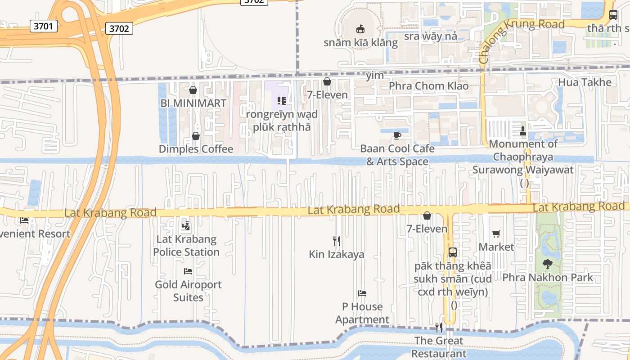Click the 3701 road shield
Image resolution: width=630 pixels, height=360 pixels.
[x=44, y=26]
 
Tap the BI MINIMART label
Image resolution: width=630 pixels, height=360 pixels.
[x=193, y=103]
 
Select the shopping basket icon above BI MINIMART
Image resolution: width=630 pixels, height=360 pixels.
[x=193, y=90]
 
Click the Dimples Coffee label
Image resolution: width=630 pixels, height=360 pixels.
[x=196, y=149]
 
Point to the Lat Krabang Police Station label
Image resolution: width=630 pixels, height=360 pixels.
[x=186, y=246]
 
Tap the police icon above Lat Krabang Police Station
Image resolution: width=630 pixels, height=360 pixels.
[x=185, y=226]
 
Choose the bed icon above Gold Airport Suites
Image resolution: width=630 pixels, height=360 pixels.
[x=188, y=271]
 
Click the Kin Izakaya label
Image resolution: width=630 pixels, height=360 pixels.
[x=337, y=254]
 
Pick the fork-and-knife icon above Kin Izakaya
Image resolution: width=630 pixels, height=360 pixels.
[x=336, y=241]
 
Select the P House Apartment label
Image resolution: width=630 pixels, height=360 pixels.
[x=362, y=313]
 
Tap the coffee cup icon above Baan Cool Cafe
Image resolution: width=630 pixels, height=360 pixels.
[x=397, y=135]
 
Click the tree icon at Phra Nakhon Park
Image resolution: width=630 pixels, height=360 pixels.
[x=547, y=264]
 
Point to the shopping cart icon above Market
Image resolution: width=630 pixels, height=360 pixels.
[x=496, y=234]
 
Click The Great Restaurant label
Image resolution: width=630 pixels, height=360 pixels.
[x=439, y=347]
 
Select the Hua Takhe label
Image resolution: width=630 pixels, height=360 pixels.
[x=585, y=82]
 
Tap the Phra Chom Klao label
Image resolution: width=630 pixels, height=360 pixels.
[x=428, y=85]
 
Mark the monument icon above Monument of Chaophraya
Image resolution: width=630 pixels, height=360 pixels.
[x=522, y=131]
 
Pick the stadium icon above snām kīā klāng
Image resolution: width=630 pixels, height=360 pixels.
[x=360, y=29]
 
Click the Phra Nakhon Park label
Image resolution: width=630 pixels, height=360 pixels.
[x=548, y=278]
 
